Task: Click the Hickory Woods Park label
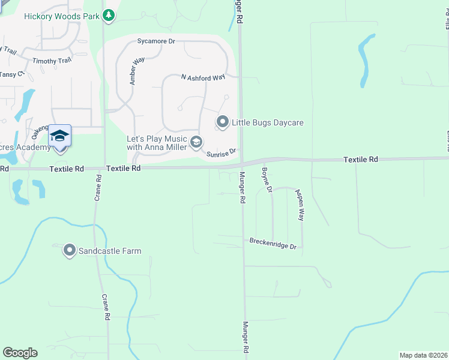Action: click(61, 16)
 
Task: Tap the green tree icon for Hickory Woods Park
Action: click(109, 16)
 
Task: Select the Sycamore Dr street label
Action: click(155, 41)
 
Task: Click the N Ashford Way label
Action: click(203, 77)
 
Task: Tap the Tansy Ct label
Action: click(11, 74)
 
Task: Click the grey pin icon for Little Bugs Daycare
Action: click(222, 122)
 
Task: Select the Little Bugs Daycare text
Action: click(268, 123)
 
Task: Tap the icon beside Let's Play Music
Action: click(196, 142)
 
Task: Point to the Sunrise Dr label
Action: click(223, 154)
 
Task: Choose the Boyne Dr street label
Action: click(267, 181)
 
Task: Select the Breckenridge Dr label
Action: click(273, 247)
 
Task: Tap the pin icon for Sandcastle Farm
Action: click(70, 251)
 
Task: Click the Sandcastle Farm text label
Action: click(110, 251)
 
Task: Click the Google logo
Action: click(20, 353)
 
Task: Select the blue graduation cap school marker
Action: click(59, 136)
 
